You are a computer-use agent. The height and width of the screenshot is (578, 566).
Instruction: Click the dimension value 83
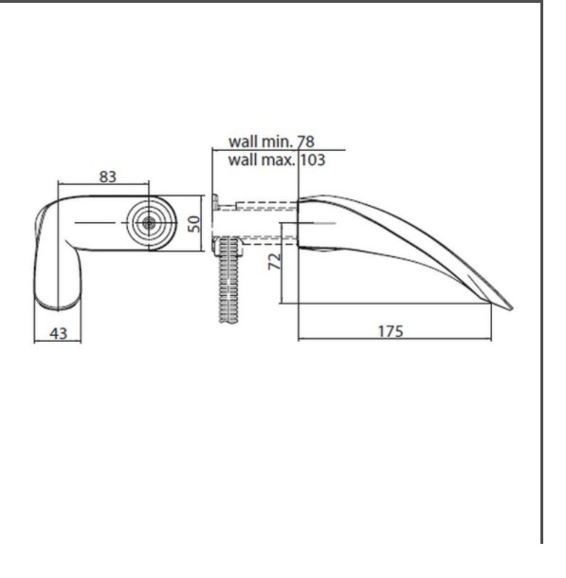tap(108, 177)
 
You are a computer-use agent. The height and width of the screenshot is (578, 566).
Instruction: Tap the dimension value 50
tap(194, 224)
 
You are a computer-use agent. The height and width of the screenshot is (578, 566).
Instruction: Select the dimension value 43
tap(59, 333)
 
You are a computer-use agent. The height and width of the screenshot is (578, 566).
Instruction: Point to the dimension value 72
tap(275, 261)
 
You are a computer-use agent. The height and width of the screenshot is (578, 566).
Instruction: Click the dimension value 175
tap(392, 331)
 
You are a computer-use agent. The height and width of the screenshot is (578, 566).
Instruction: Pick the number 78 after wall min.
tap(305, 141)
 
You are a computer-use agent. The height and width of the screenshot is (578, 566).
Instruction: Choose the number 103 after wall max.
tap(313, 160)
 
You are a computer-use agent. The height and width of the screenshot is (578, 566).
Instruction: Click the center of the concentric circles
tap(149, 223)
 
